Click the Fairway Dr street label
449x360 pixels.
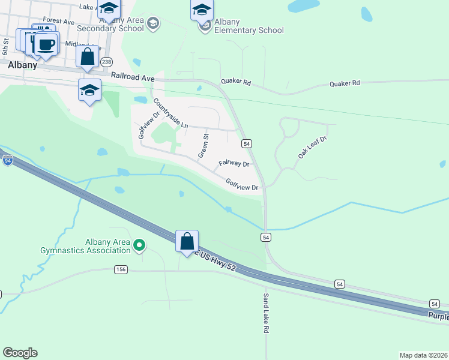tap(234, 163)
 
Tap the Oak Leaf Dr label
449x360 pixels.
tap(312, 148)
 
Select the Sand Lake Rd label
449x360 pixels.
tap(265, 314)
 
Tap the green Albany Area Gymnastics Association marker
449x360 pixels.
tap(139, 244)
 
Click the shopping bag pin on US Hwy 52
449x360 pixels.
tap(187, 241)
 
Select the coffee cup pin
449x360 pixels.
tap(46, 44)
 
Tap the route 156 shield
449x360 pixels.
tap(121, 270)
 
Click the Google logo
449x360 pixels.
tap(20, 353)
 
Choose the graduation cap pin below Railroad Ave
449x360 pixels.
tap(89, 91)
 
